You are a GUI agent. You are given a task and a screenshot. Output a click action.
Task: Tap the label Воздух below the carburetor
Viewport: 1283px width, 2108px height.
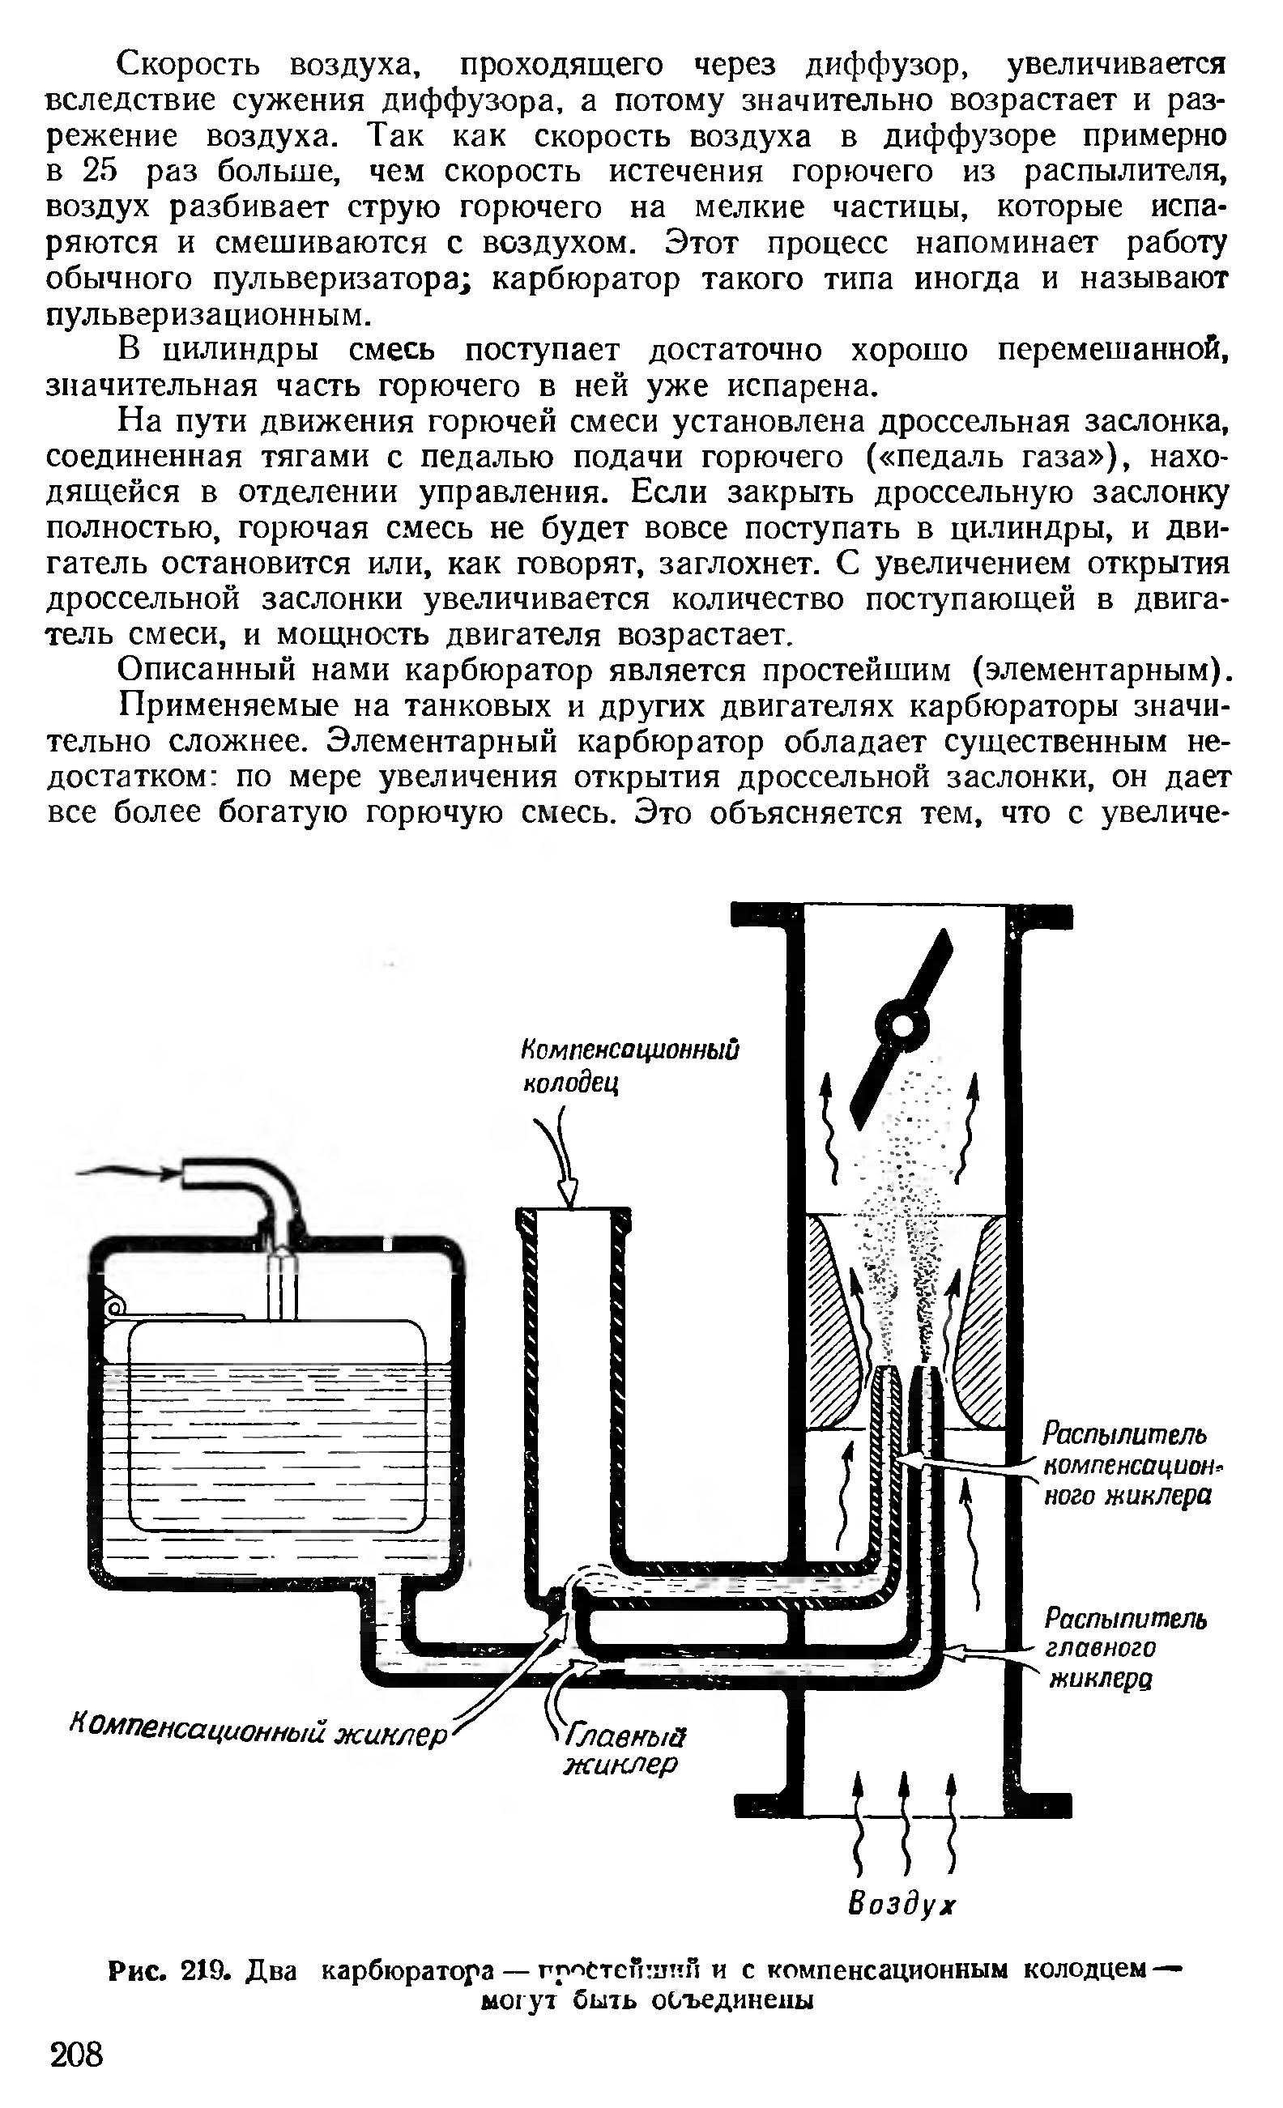(901, 1905)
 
